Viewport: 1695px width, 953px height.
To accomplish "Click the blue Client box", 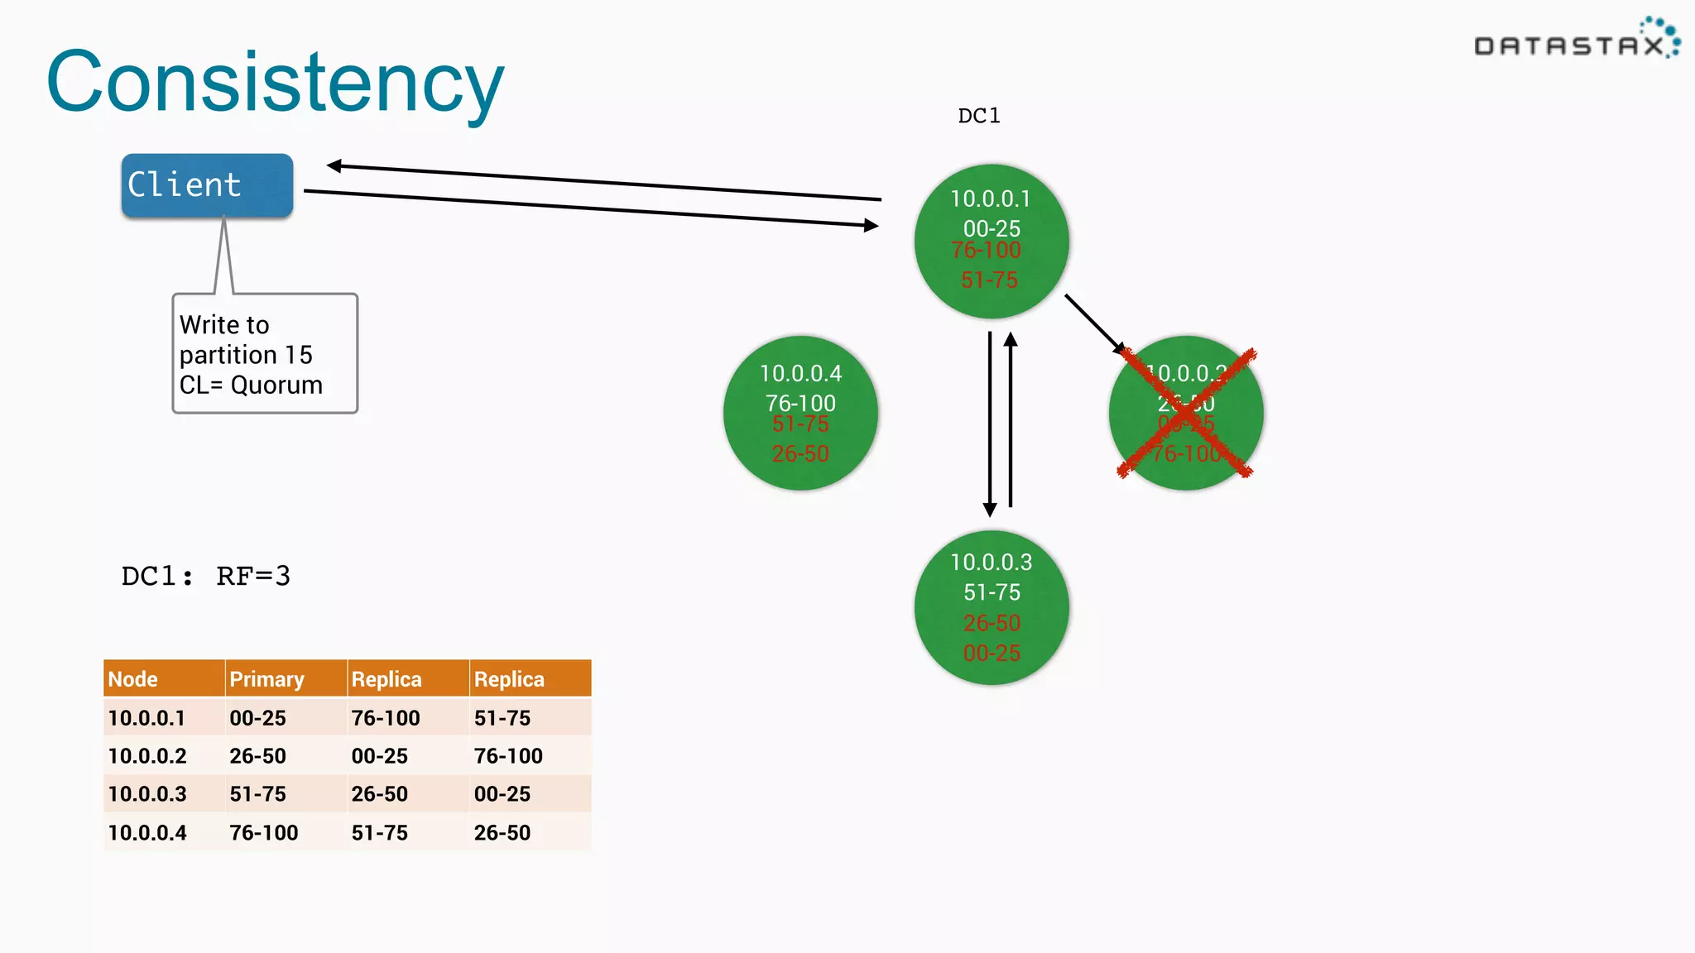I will (x=207, y=185).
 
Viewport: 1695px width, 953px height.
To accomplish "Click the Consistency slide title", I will (x=275, y=83).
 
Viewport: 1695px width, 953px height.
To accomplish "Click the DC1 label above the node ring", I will (x=978, y=116).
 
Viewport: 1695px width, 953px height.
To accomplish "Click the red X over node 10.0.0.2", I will (x=1186, y=413).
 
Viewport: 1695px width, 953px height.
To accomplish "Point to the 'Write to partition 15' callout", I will (x=265, y=354).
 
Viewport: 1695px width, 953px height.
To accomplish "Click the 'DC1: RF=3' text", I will (x=206, y=576).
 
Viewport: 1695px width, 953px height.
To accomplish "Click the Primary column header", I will (x=285, y=679).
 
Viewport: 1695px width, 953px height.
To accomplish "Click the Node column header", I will (x=163, y=679).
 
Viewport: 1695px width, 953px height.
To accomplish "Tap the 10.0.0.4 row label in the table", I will (x=147, y=832).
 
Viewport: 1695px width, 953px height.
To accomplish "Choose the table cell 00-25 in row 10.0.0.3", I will (x=502, y=794).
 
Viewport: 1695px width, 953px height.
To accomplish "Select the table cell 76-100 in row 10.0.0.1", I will (x=386, y=718).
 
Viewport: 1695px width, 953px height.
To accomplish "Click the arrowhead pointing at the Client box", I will (x=334, y=166).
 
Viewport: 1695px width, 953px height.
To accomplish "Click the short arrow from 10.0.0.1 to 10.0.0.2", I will (x=1094, y=323).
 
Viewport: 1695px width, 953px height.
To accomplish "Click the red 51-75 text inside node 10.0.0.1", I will (x=990, y=280).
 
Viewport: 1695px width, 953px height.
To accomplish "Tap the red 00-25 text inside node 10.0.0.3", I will (x=992, y=654).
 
